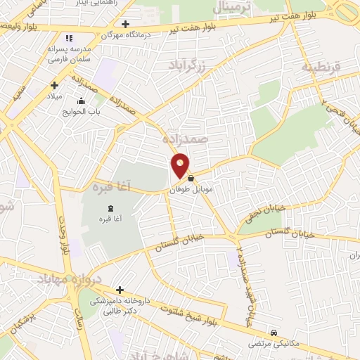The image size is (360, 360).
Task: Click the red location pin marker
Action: (x=180, y=166)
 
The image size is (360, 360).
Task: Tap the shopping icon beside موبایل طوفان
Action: (x=191, y=179)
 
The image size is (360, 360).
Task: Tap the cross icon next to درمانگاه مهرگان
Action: (x=125, y=24)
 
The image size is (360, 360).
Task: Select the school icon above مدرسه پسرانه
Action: (x=68, y=38)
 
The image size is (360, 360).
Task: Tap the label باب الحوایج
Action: (x=90, y=111)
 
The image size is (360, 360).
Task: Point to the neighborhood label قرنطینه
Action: (x=321, y=67)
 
